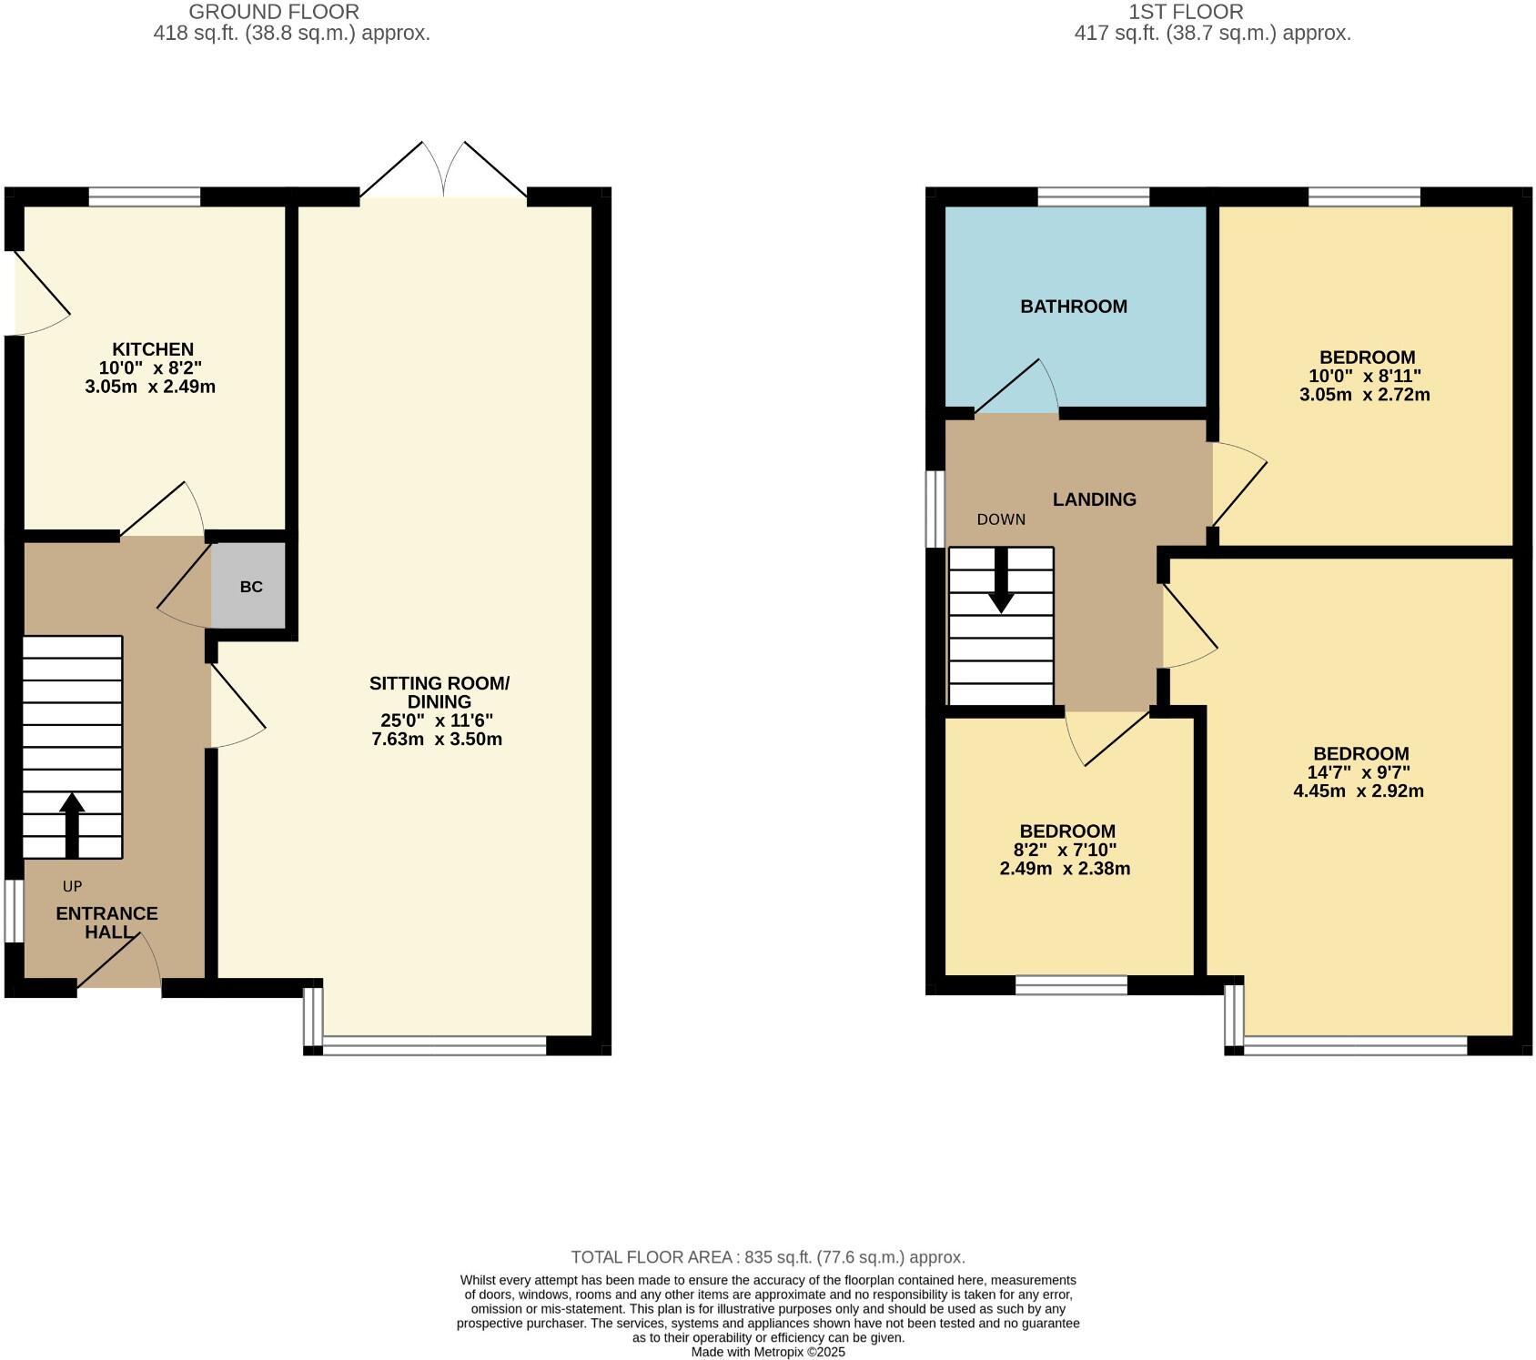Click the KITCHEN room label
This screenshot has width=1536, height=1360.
pos(152,349)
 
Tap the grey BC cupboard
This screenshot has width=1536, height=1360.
pos(250,587)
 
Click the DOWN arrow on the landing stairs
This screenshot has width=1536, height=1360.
pos(1002,582)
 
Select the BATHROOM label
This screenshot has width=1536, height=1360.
pos(1074,307)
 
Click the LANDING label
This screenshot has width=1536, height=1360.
pos(1094,499)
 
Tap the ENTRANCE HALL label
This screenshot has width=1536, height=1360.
pos(106,922)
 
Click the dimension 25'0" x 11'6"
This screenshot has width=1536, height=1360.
pos(437,720)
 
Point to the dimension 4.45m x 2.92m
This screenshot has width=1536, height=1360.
pos(1359,791)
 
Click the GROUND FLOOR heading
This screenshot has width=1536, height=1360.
pos(274,12)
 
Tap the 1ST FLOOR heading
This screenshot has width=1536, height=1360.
pos(1186,12)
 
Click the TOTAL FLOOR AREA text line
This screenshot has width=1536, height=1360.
pos(767,1257)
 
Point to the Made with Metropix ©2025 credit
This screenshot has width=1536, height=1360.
pos(768,1352)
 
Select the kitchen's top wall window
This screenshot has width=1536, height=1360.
pos(144,196)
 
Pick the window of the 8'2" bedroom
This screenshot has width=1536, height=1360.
pos(1071,984)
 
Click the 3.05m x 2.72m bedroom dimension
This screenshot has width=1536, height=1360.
pos(1365,395)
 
